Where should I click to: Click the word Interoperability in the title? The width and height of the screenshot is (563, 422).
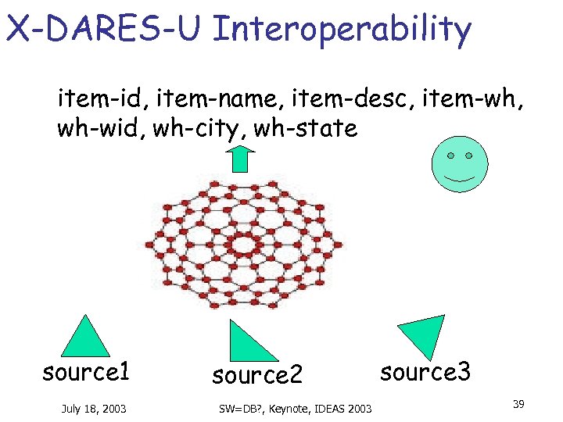point(342,29)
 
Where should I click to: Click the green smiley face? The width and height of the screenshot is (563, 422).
point(460,165)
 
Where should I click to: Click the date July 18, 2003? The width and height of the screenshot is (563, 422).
point(94,408)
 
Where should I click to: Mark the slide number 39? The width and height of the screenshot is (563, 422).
point(518,404)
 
